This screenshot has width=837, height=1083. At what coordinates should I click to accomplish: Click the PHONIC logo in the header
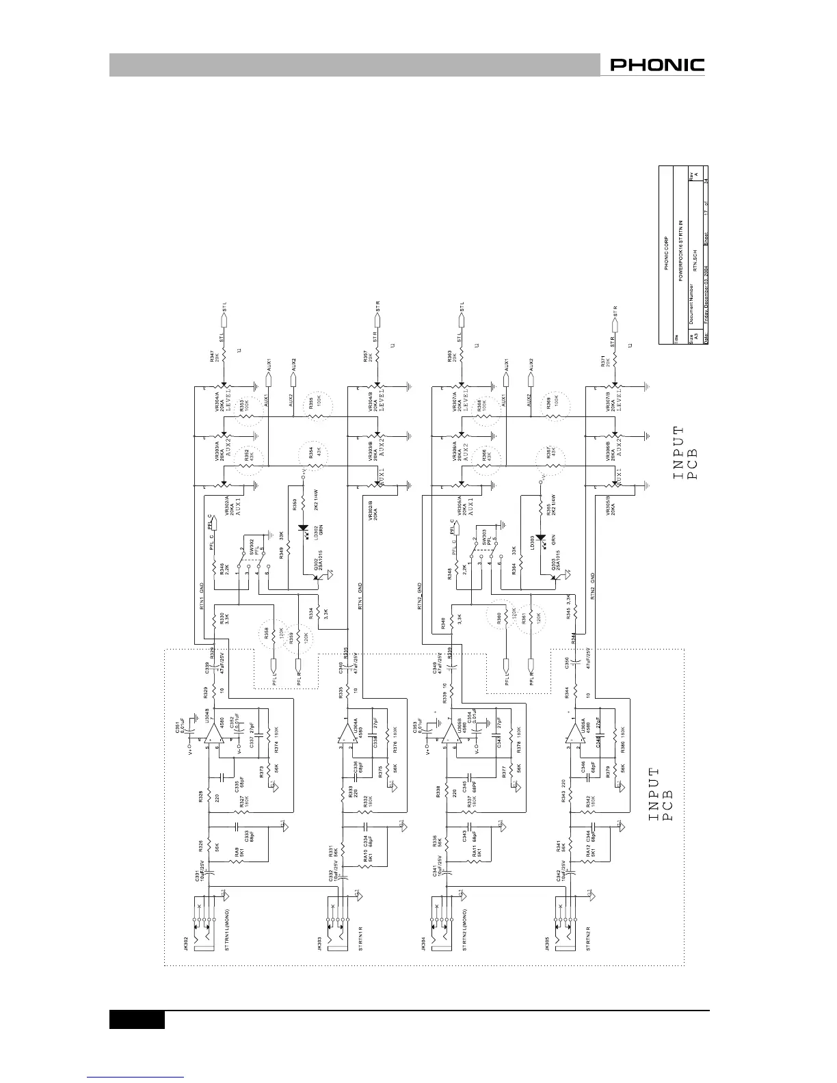coord(657,66)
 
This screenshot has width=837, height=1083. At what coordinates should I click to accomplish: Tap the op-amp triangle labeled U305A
coord(572,736)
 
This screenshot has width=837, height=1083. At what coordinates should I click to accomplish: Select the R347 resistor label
coord(213,356)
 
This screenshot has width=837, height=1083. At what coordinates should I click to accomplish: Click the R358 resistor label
coord(267,631)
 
